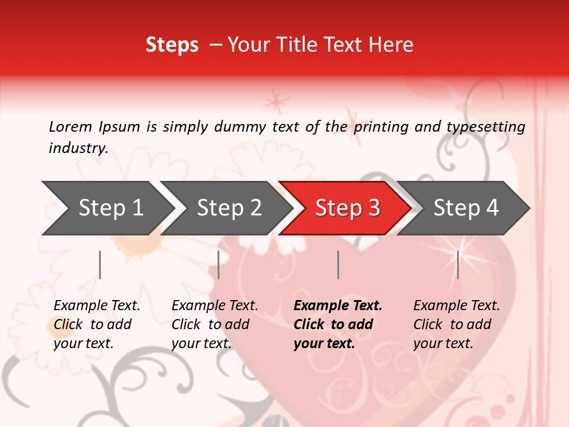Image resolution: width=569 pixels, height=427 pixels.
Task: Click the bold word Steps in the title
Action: pos(172,45)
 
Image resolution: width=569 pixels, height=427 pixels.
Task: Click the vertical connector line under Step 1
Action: pos(100,265)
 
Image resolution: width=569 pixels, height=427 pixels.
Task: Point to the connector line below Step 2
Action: pos(219,265)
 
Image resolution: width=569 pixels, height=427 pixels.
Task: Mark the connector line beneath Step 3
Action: pos(338,265)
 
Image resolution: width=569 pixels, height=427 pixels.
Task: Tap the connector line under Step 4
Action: pos(458,265)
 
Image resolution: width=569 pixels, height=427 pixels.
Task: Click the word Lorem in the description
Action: pos(71,127)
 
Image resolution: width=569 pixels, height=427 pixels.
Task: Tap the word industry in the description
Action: pos(78,148)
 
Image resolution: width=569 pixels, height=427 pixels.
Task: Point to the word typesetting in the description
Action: pos(484,127)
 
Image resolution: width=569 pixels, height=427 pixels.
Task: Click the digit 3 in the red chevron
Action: pos(373,208)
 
